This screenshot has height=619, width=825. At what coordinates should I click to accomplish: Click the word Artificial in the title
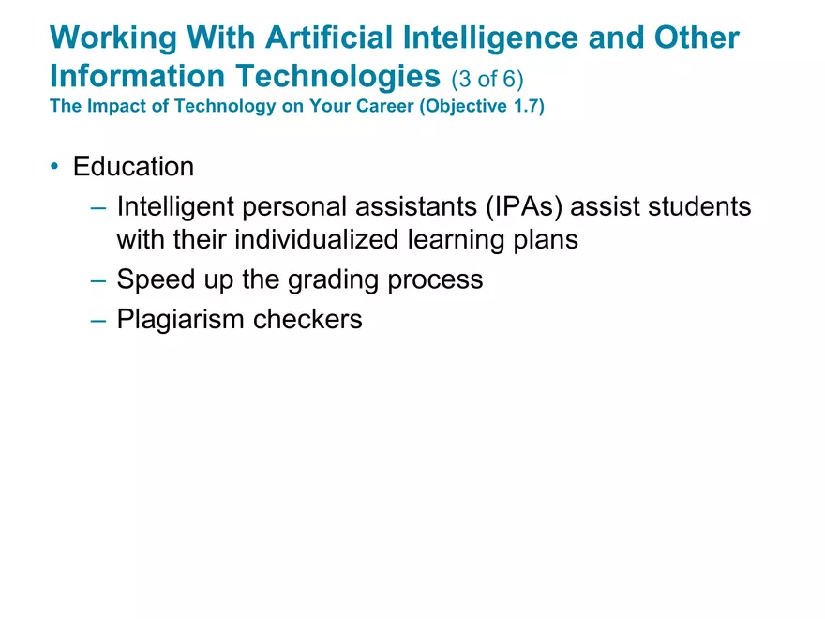[329, 38]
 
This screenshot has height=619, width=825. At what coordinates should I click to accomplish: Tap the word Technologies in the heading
[337, 77]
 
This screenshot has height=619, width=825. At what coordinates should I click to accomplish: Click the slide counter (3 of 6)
[487, 79]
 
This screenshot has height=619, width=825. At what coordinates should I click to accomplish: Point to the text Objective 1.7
[482, 106]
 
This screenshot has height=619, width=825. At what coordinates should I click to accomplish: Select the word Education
[134, 166]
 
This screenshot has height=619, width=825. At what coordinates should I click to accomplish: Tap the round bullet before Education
[54, 166]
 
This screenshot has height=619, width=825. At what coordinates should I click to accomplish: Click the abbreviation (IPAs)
[525, 206]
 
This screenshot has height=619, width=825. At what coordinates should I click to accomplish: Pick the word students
[699, 205]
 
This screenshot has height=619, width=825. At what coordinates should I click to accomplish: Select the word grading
[333, 280]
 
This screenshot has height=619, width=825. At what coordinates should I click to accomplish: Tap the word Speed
[156, 280]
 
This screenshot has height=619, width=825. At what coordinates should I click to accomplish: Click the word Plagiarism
[180, 320]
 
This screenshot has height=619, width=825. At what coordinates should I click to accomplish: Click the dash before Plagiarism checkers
[98, 320]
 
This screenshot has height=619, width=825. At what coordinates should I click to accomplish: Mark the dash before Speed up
[98, 280]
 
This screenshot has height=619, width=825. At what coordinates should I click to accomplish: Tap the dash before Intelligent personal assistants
[98, 207]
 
